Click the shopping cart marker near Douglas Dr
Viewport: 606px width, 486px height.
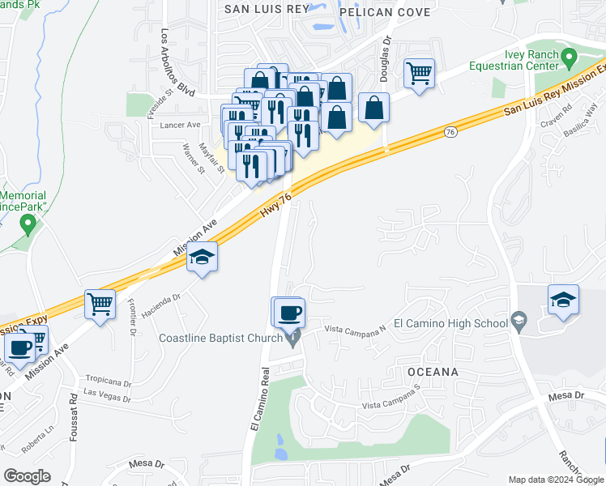click(419, 75)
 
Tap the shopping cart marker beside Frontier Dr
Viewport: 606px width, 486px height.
click(100, 305)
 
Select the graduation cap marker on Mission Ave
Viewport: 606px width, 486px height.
click(202, 259)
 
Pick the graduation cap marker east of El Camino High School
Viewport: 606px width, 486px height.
click(563, 300)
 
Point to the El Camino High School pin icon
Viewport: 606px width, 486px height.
click(517, 324)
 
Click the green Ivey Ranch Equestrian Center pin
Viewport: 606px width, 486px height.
click(570, 58)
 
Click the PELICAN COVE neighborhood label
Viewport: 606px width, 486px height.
click(385, 12)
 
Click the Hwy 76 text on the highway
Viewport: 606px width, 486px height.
click(275, 204)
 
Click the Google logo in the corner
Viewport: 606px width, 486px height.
click(28, 476)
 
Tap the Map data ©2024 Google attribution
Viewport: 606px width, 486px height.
click(555, 479)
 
